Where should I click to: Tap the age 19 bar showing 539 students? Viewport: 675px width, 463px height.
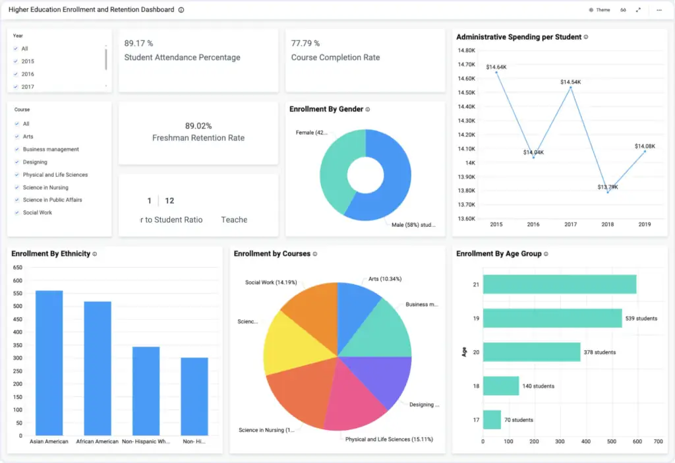(x=552, y=318)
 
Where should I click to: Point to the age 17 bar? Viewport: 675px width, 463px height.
(x=492, y=419)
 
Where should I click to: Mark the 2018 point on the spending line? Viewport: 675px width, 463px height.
(x=608, y=192)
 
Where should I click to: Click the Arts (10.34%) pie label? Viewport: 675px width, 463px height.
(x=382, y=279)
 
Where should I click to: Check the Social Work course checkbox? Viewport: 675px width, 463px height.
(x=16, y=213)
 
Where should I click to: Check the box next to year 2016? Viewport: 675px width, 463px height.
(x=16, y=75)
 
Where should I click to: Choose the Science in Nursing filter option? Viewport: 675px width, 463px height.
(x=45, y=187)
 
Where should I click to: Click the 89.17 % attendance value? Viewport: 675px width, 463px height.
(x=138, y=44)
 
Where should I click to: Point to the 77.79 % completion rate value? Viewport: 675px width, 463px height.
(x=306, y=44)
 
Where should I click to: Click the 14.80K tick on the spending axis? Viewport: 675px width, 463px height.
(x=466, y=51)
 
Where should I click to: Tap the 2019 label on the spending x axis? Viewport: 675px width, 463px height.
(x=645, y=224)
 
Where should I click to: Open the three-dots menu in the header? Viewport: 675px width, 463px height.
(x=659, y=10)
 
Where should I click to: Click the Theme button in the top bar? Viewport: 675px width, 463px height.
(x=599, y=10)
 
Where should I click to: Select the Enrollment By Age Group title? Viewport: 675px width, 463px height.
(x=499, y=253)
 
